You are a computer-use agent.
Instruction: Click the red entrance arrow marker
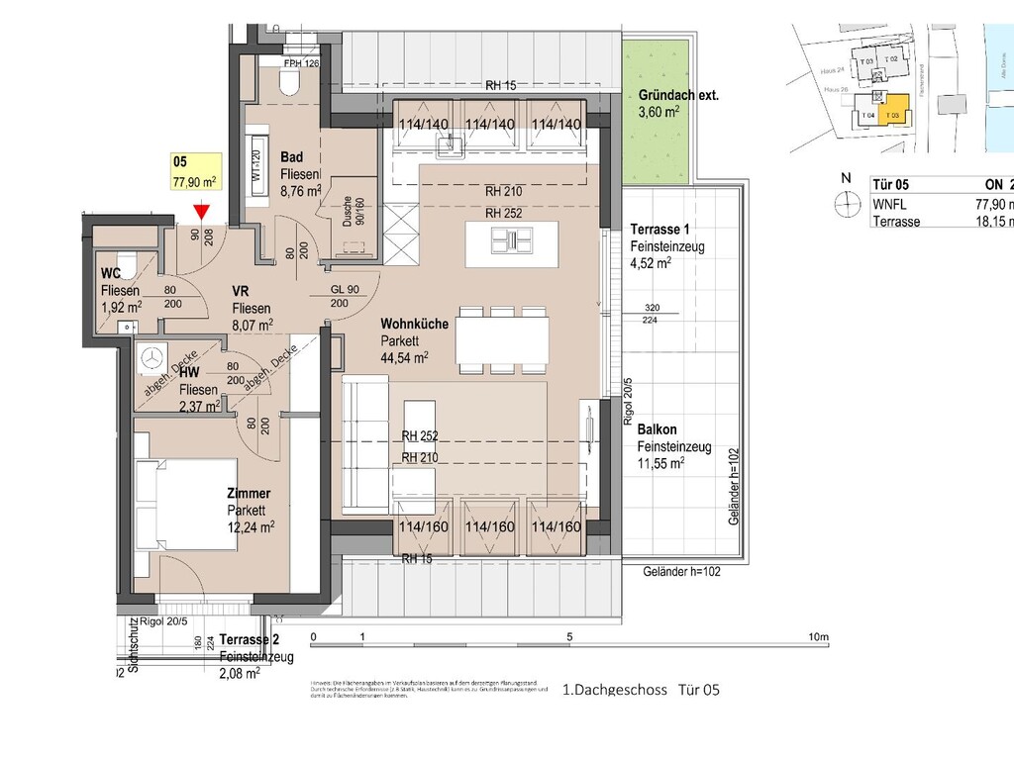coord(201,211)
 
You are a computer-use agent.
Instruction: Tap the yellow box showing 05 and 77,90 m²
coord(195,171)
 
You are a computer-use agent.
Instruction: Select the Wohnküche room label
coord(414,324)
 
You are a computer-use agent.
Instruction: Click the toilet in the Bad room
coord(290,82)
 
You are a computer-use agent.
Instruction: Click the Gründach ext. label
coord(678,96)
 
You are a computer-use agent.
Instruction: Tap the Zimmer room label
coord(248,493)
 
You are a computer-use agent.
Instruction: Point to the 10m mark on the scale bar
coord(817,636)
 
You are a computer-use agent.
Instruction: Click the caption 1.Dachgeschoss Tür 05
coord(640,690)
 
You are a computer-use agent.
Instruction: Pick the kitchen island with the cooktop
coord(511,238)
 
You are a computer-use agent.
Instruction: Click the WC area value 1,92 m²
coord(121,306)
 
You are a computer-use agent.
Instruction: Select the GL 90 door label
coord(347,290)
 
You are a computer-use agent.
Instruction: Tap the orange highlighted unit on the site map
coord(894,110)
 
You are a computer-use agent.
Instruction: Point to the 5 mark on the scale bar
coord(570,636)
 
